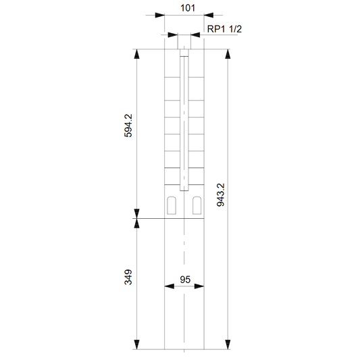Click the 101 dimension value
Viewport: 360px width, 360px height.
pyautogui.click(x=188, y=8)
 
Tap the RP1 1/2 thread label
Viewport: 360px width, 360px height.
pyautogui.click(x=224, y=29)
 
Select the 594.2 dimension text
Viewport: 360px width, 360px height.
pyautogui.click(x=128, y=126)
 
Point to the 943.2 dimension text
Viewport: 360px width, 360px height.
pyautogui.click(x=221, y=195)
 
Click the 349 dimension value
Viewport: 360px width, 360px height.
pyautogui.click(x=128, y=278)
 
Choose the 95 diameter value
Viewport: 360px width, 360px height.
pyautogui.click(x=185, y=280)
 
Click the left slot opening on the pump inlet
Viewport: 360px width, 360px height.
pyautogui.click(x=172, y=205)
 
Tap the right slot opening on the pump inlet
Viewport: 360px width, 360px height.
pyautogui.click(x=197, y=205)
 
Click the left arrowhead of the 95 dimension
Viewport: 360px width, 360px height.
pyautogui.click(x=170, y=286)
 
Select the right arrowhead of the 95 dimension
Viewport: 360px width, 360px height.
pyautogui.click(x=199, y=286)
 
